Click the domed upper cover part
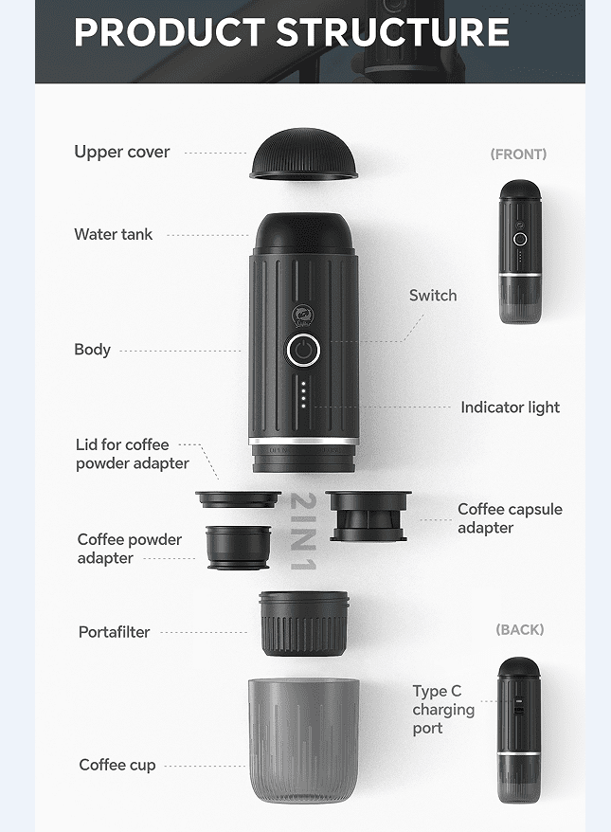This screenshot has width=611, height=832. pos(304,154)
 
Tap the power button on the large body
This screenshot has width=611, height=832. pos(303,350)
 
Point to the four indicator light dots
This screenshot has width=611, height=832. pos(303,394)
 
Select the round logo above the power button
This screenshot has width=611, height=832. pos(303,316)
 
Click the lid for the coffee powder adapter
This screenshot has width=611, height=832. pos(238,499)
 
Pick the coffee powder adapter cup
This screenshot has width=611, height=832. pos(238,548)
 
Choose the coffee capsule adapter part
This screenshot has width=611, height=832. pos(368,515)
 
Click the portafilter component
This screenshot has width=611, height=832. pos(304,624)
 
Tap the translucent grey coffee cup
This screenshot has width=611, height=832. pos(304,740)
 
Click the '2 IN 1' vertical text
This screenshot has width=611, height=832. pos(304,532)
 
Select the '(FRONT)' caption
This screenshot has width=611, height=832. pos(518,154)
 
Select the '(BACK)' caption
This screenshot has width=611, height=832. pos(520,630)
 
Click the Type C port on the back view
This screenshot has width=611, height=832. pos(518,706)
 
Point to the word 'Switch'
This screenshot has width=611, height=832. pos(433,296)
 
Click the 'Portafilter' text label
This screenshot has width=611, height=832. pos(114,632)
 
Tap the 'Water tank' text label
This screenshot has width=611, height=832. pos(114,234)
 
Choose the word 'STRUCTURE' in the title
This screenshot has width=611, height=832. pos(392,32)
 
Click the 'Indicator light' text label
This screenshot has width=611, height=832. pos(511,407)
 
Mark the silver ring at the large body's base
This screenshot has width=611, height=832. pos(303,441)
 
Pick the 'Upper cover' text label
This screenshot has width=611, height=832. pos(122,153)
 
